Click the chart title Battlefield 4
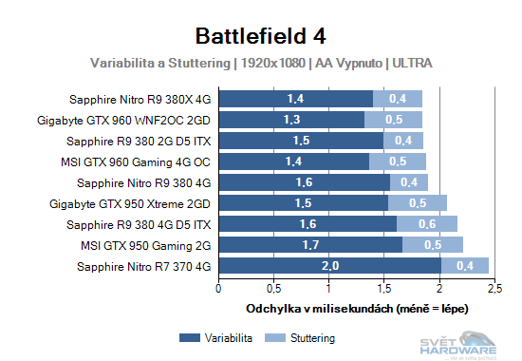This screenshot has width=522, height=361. click(x=260, y=36)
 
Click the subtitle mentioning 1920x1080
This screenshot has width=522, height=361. click(x=261, y=64)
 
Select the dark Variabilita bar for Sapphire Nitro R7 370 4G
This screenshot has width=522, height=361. click(x=329, y=266)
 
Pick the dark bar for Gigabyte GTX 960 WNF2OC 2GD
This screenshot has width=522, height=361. click(x=291, y=120)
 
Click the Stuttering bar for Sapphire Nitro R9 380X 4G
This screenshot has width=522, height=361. click(x=398, y=99)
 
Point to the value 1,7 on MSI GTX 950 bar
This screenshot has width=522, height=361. click(x=309, y=245)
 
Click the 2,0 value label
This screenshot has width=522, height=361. click(x=329, y=266)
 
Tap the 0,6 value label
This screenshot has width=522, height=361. click(x=427, y=224)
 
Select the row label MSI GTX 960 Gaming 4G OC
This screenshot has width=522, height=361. click(x=143, y=161)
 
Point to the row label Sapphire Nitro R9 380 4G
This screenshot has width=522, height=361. click(x=143, y=182)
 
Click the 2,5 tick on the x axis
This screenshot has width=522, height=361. click(x=494, y=288)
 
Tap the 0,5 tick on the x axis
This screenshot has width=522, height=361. click(x=273, y=288)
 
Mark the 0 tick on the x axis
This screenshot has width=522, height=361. click(x=219, y=288)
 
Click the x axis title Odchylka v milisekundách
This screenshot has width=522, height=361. click(x=357, y=309)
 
